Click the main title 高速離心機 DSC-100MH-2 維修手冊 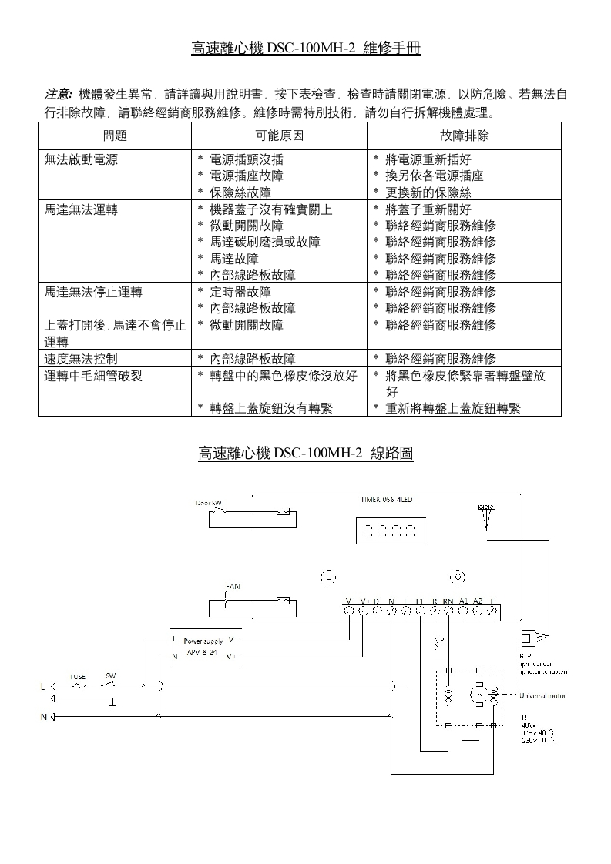pyautogui.click(x=306, y=49)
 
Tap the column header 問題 pyautogui.click(x=114, y=136)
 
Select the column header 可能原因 pyautogui.click(x=279, y=136)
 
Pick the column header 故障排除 pyautogui.click(x=464, y=136)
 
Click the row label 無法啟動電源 pyautogui.click(x=81, y=159)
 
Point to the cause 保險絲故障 pyautogui.click(x=240, y=193)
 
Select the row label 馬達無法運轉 pyautogui.click(x=81, y=209)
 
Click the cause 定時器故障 pyautogui.click(x=240, y=292)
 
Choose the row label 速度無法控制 pyautogui.click(x=81, y=358)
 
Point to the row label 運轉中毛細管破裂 pyautogui.click(x=93, y=375)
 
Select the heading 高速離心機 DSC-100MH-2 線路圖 pyautogui.click(x=306, y=454)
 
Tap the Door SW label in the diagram pyautogui.click(x=208, y=502)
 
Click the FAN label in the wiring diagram pyautogui.click(x=232, y=587)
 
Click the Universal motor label pyautogui.click(x=543, y=695)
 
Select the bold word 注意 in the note pyautogui.click(x=58, y=95)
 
